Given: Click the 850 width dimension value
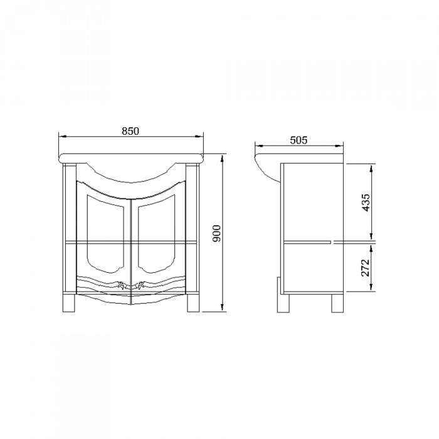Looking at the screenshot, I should click(x=130, y=131).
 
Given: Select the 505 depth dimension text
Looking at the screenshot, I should click(x=299, y=140).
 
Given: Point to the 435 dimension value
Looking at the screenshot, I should click(x=367, y=202).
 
